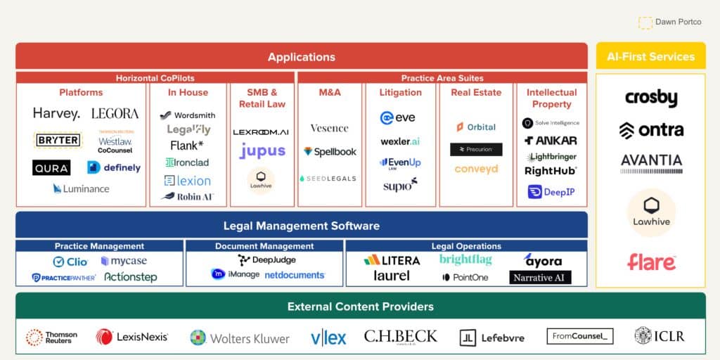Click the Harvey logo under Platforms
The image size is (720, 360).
(x=56, y=113)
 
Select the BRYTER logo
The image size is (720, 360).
(x=58, y=140)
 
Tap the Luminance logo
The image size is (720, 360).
(x=81, y=188)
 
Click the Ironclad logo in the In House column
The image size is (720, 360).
(x=187, y=162)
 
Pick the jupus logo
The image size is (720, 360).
(x=262, y=150)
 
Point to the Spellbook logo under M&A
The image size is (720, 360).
(x=330, y=151)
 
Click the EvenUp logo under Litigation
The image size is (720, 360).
(x=400, y=163)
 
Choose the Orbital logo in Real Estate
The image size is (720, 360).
(x=476, y=127)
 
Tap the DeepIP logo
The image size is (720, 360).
(x=552, y=191)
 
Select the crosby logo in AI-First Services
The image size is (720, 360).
(x=651, y=98)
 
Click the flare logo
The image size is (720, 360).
(x=651, y=262)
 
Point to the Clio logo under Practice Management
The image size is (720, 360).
(x=70, y=262)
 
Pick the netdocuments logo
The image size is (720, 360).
(x=295, y=275)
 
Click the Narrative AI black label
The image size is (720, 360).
(x=540, y=277)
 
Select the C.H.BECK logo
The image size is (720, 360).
(x=400, y=337)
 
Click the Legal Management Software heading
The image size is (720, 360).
(x=301, y=226)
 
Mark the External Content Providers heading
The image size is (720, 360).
(x=360, y=307)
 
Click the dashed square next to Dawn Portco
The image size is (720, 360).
(x=645, y=22)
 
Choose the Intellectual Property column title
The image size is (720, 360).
(x=551, y=98)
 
